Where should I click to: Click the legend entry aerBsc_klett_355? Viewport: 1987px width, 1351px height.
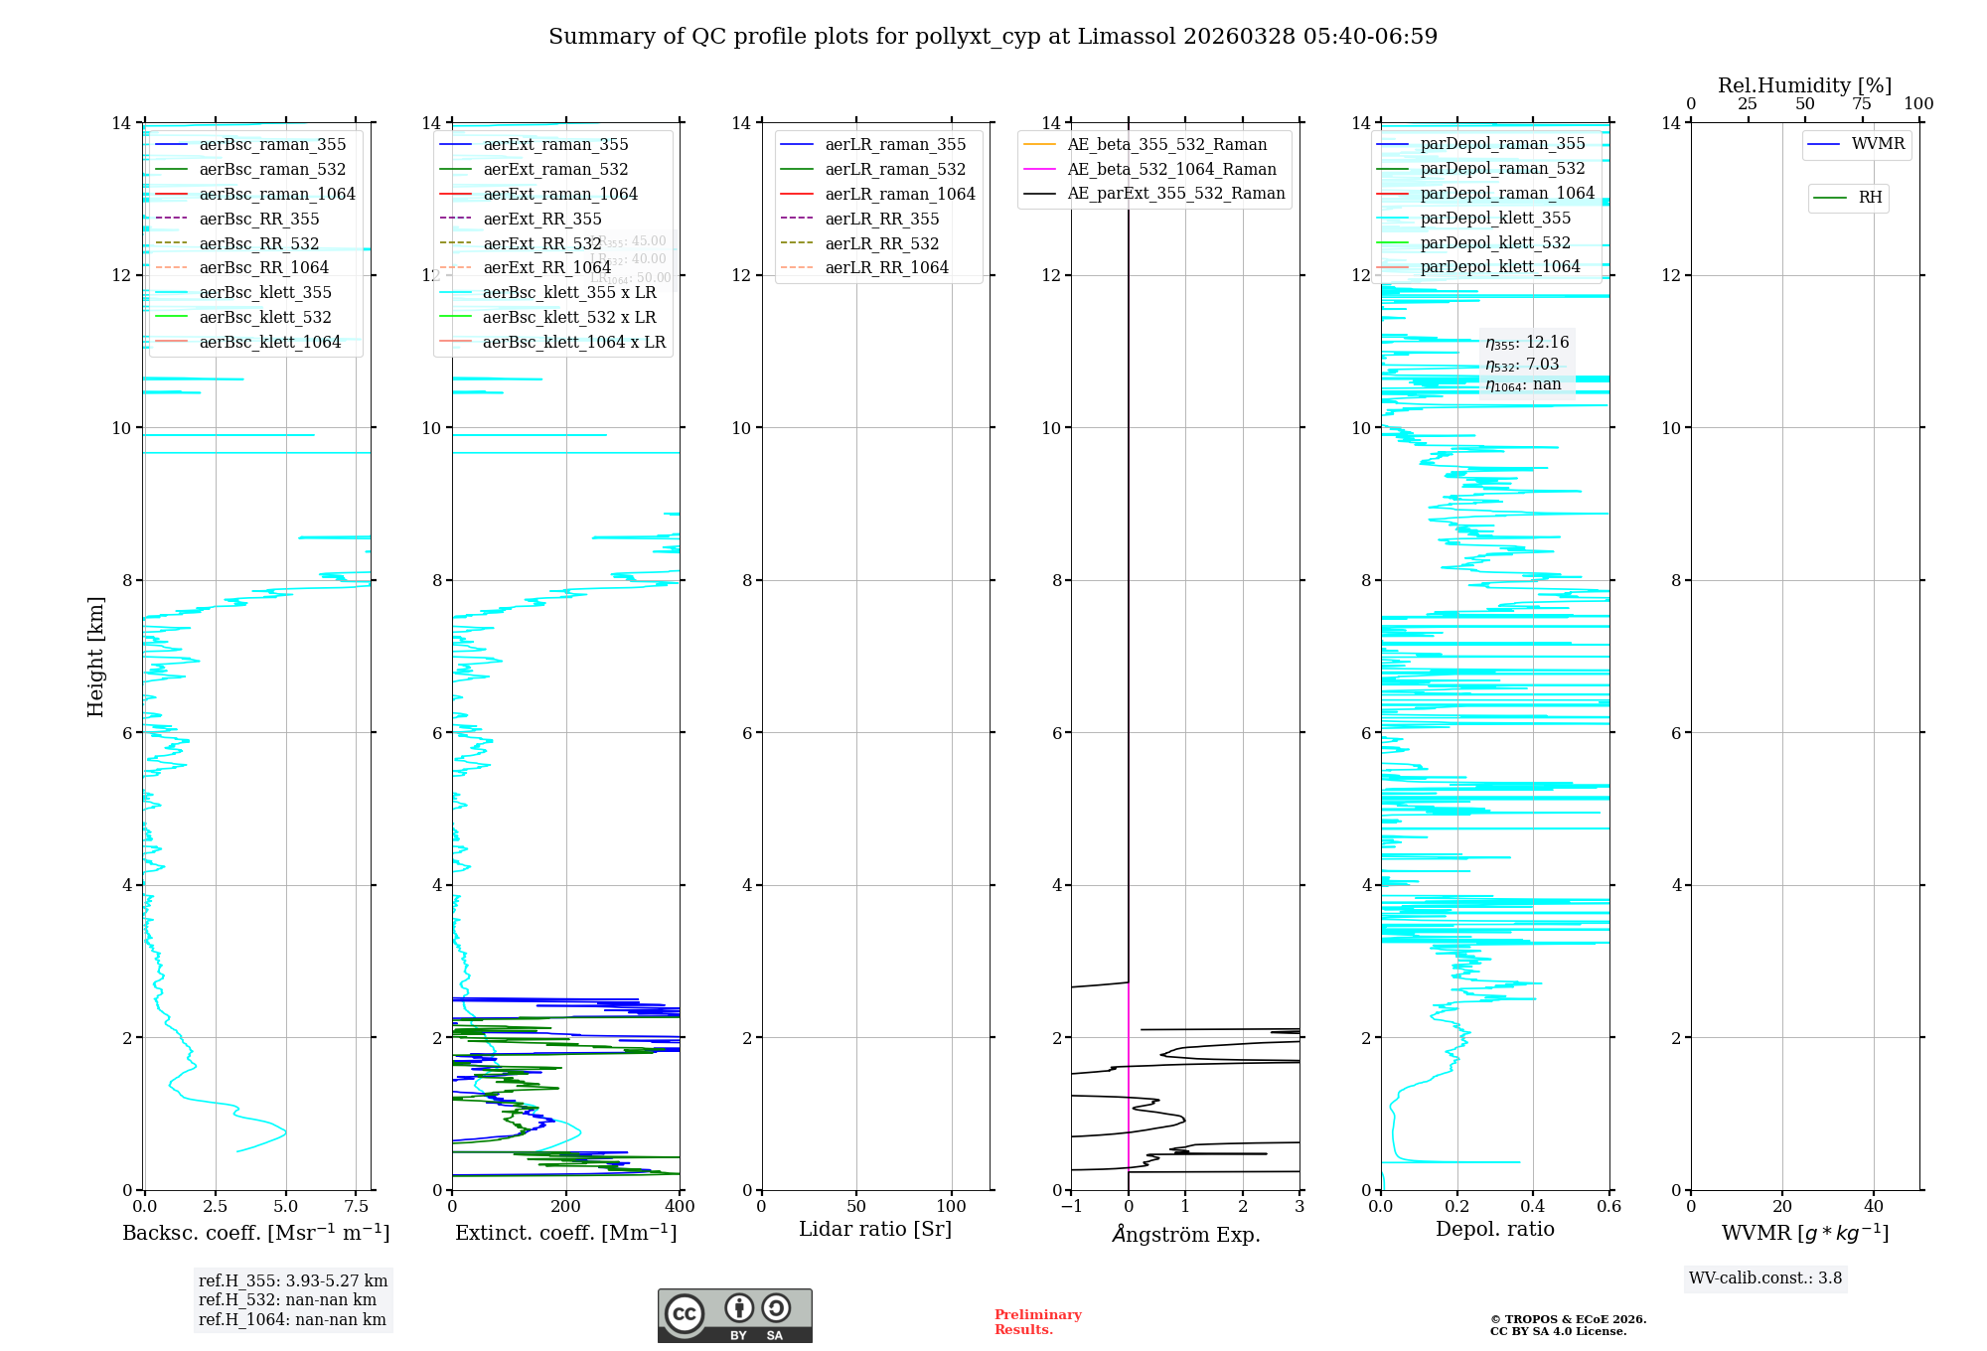click(265, 292)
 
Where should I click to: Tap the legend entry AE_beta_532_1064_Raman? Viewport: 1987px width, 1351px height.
click(1171, 169)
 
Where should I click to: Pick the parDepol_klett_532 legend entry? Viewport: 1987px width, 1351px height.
click(1495, 242)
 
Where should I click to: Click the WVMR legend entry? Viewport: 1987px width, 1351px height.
click(1878, 144)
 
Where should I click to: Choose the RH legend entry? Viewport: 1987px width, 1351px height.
click(1870, 198)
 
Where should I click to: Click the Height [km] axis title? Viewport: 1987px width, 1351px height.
click(95, 656)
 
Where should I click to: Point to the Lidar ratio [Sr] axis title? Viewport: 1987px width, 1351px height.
click(875, 1229)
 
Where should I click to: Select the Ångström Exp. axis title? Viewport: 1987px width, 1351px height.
click(1185, 1234)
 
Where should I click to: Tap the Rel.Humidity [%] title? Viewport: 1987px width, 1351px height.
click(1804, 85)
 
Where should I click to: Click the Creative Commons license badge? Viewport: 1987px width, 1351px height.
click(734, 1315)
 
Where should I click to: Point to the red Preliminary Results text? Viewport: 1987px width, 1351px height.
click(1037, 1321)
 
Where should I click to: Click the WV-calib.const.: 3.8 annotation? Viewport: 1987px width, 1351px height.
click(1765, 1277)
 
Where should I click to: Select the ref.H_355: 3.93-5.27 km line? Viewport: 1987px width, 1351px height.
click(292, 1280)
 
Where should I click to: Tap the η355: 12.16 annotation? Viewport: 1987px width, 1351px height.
click(1527, 343)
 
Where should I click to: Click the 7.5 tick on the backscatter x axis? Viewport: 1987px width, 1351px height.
click(357, 1207)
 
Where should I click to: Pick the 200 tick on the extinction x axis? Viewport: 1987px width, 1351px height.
click(566, 1207)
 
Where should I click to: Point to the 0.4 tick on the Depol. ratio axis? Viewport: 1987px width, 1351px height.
click(1533, 1207)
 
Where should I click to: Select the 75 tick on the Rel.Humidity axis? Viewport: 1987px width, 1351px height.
click(1862, 104)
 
